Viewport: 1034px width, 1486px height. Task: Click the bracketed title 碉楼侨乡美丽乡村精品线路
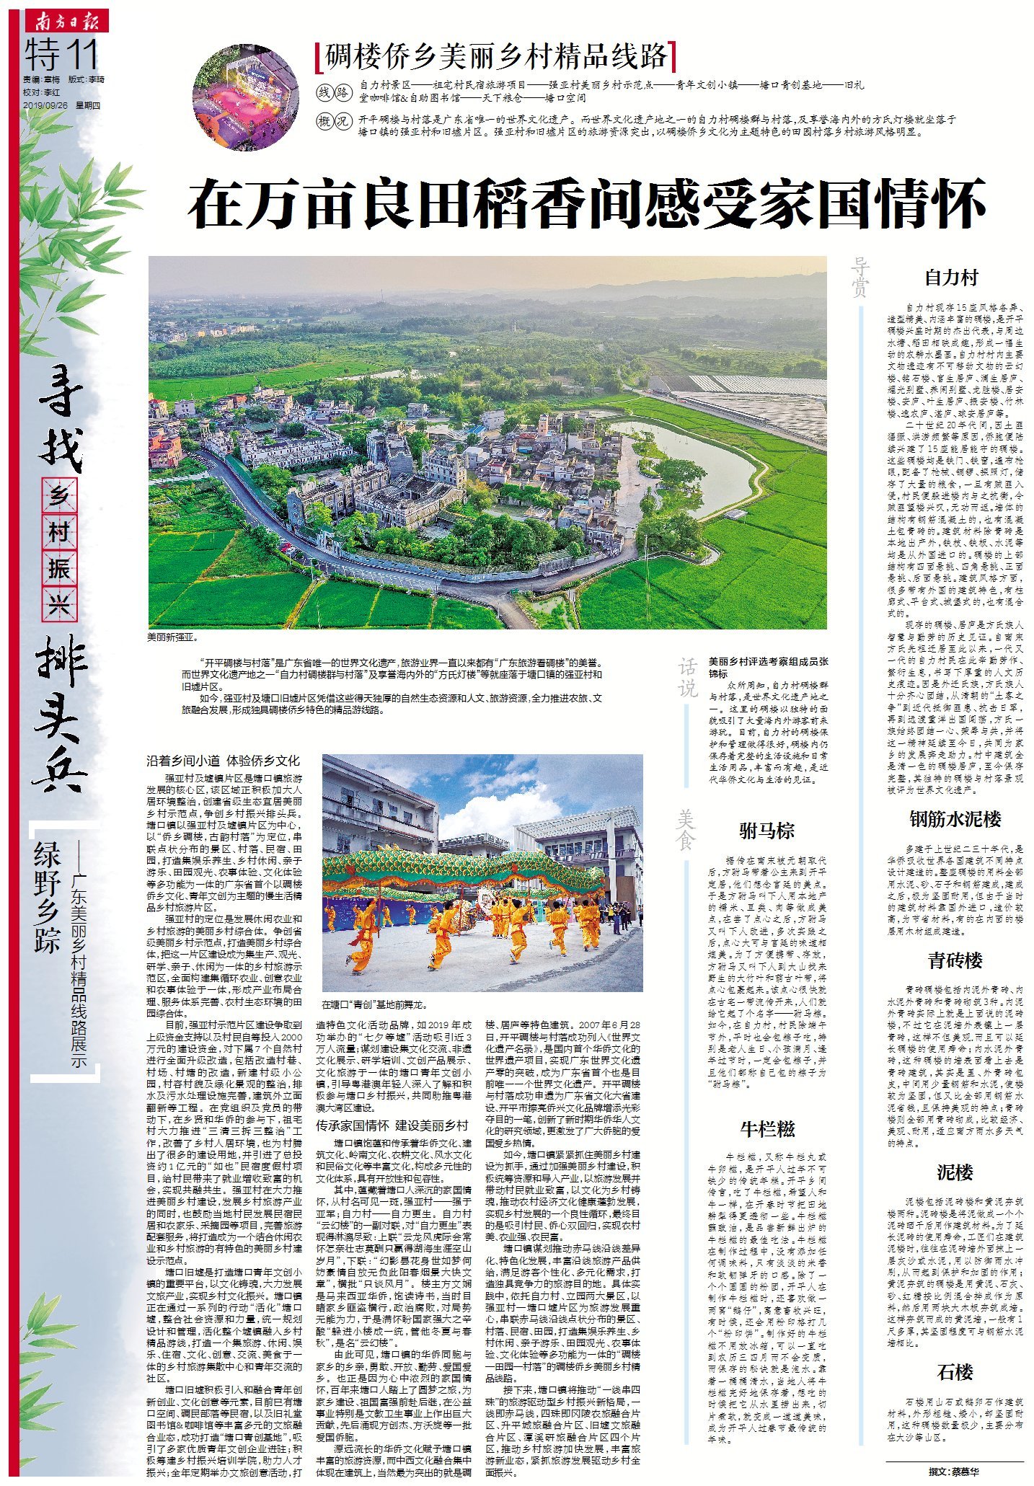tap(496, 56)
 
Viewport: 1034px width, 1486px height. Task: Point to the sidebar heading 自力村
tap(951, 278)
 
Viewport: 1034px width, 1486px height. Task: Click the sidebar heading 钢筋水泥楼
tap(955, 819)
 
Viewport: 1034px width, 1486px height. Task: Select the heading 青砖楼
tap(955, 961)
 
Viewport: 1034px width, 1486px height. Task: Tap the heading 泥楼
tap(955, 1172)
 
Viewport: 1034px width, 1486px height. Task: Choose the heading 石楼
tap(955, 1372)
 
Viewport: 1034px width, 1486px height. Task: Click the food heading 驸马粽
tap(766, 831)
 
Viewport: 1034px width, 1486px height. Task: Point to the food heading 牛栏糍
tap(766, 1129)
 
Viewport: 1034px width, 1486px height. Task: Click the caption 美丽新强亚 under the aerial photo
tap(172, 637)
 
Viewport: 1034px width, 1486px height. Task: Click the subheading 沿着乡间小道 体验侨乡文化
tap(223, 761)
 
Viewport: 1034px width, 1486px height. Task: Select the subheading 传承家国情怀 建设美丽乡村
tap(392, 1125)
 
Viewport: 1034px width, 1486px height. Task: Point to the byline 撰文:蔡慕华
tap(954, 1472)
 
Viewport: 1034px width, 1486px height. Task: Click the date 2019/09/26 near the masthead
tap(45, 105)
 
